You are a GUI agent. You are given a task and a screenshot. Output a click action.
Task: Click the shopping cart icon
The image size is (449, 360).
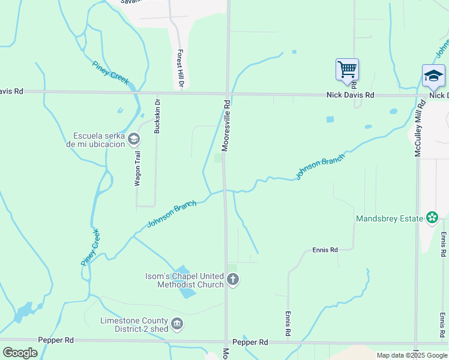pos(347,70)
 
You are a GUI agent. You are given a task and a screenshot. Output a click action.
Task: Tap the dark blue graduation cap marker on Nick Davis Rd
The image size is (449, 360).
pos(433,76)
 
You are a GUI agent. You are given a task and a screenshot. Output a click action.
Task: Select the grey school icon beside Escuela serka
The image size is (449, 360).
pos(134,140)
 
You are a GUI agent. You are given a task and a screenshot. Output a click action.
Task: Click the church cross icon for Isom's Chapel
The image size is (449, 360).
pos(233,280)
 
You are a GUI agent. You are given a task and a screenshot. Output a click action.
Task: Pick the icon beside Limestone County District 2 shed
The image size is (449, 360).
pos(177,325)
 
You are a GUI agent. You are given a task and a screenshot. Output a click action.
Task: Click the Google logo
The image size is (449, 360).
pos(20,353)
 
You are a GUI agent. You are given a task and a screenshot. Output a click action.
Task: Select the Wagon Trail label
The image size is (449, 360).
pos(137,169)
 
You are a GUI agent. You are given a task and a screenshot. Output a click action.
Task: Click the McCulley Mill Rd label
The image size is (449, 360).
pos(418,133)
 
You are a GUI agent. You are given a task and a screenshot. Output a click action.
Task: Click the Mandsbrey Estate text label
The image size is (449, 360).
pos(389,219)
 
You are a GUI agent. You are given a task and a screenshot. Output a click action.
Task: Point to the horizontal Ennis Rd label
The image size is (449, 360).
pos(325,250)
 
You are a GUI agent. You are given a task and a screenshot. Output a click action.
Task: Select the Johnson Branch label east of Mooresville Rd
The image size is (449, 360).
pos(320,167)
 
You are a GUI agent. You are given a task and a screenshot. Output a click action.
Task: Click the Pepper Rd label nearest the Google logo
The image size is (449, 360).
pos(55,340)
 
